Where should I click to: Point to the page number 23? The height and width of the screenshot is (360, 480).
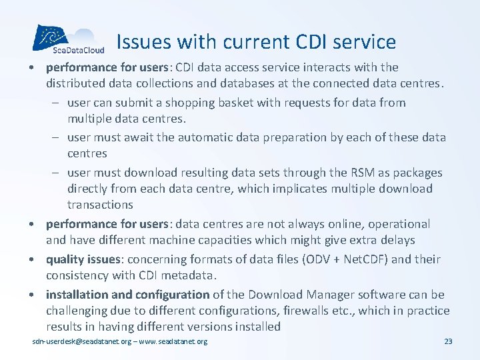[447, 342]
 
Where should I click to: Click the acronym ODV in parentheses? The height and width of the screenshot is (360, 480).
[308, 259]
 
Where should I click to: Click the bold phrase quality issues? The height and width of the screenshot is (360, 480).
[85, 259]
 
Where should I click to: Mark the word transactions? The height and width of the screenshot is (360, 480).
[100, 205]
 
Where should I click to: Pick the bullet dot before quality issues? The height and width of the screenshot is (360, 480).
[37, 259]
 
